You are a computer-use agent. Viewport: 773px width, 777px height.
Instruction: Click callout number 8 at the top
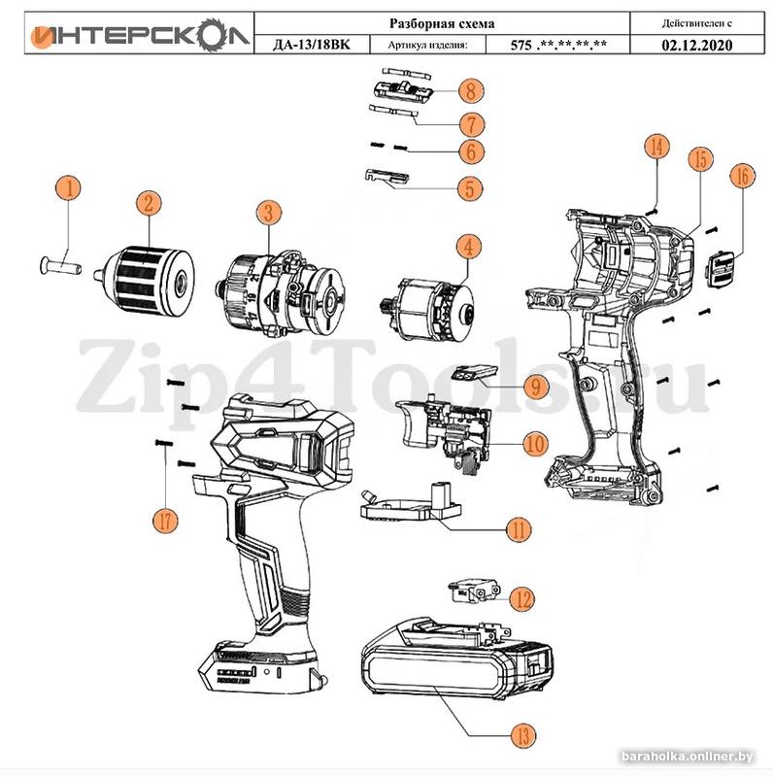coord(470,92)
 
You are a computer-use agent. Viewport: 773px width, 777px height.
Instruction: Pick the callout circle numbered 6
coord(470,152)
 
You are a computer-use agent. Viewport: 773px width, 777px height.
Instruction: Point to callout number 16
coord(741,178)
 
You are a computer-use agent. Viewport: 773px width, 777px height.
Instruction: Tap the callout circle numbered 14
coord(657,148)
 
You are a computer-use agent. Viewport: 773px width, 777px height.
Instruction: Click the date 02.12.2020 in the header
coord(696,44)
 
